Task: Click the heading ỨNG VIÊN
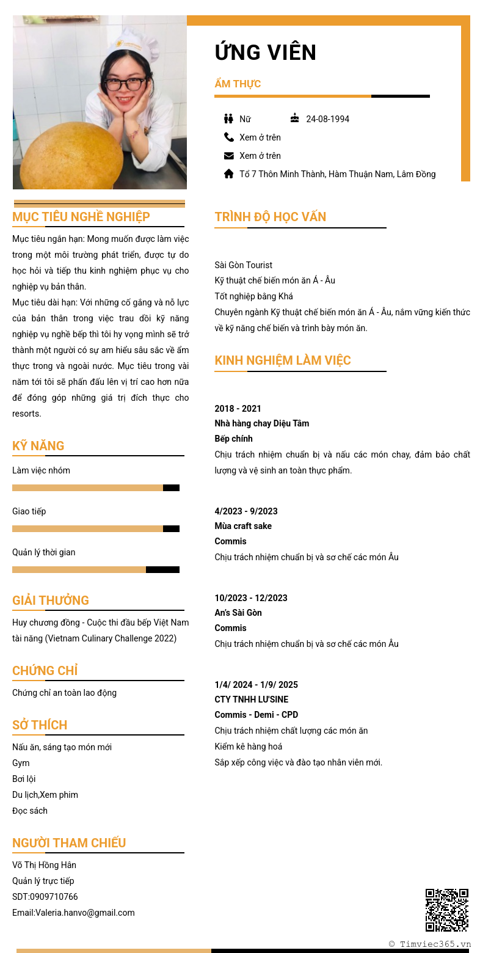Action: pos(265,53)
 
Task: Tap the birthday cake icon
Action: pos(295,118)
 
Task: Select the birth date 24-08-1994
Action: pos(327,119)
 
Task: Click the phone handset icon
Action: pos(229,137)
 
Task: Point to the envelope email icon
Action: pos(229,155)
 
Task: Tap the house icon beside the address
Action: pos(229,173)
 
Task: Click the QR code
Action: pos(446,910)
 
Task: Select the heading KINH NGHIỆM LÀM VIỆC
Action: pos(282,360)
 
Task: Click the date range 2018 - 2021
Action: pos(238,409)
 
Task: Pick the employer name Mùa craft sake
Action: pos(243,526)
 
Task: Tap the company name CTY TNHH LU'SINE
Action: pos(251,699)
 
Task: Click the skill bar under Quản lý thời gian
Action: pos(96,569)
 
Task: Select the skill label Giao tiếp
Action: pos(29,511)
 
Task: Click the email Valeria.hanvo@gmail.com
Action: pos(85,913)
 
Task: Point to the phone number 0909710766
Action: pos(54,897)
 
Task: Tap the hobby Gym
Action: pos(21,763)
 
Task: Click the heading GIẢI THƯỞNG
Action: pos(51,601)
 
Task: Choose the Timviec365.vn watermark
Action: pos(430,944)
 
